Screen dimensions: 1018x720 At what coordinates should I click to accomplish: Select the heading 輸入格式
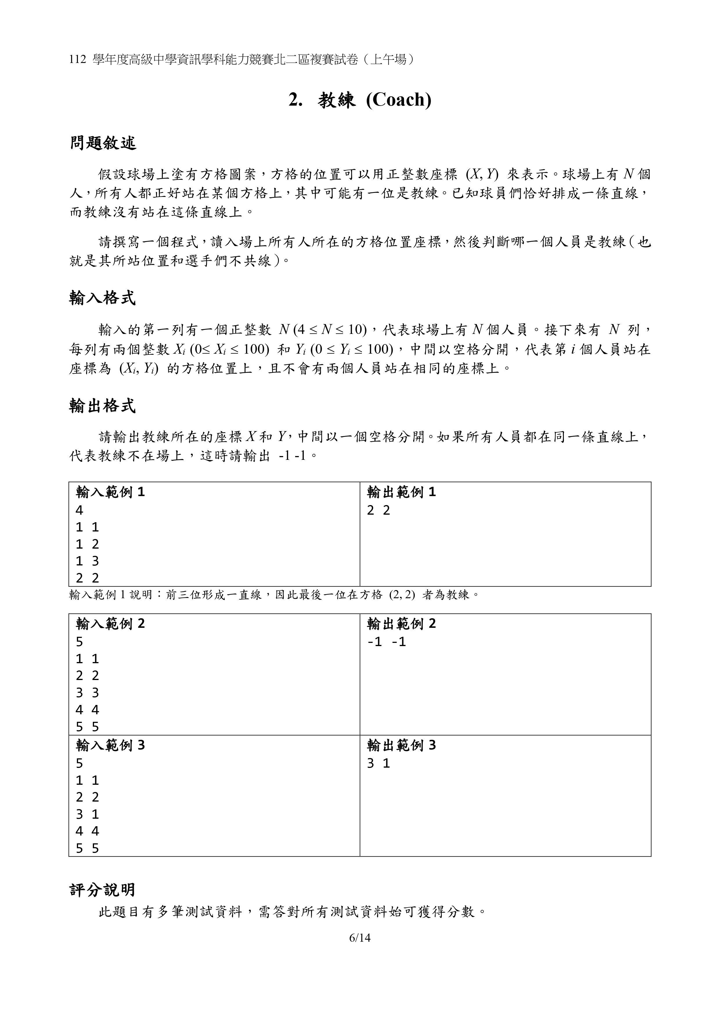coord(102,298)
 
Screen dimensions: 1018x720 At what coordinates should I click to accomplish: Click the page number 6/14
coord(360,938)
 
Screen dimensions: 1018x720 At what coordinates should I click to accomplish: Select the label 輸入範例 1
coord(111,492)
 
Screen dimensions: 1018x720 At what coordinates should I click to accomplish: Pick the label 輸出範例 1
coord(401,492)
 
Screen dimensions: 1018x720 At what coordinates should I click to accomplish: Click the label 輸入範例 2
coord(111,624)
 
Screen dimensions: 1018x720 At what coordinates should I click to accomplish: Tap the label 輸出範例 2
coord(401,624)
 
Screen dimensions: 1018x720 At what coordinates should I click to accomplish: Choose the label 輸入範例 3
coord(111,745)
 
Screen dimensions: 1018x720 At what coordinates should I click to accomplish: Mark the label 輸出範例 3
coord(401,745)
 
